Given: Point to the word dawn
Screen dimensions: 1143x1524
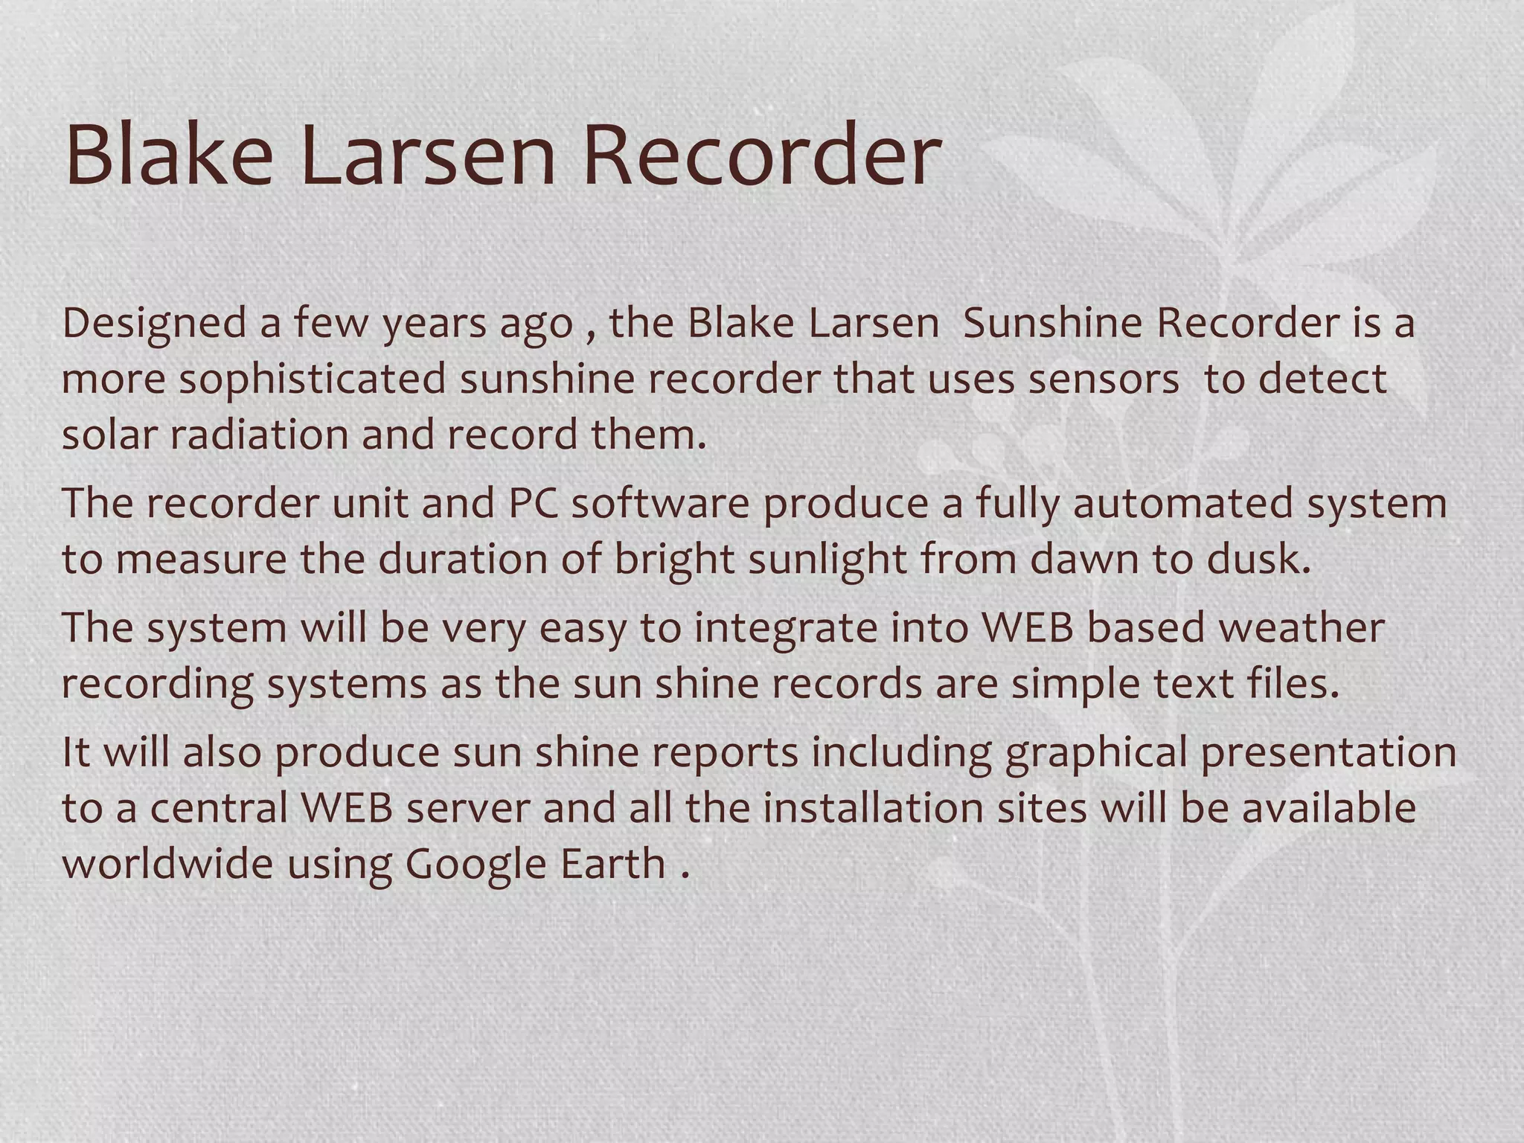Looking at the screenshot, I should coord(1084,560).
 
